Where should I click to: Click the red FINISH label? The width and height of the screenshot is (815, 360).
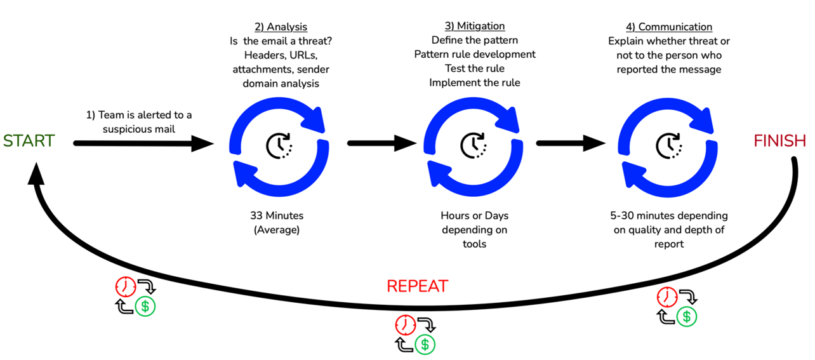coord(779,141)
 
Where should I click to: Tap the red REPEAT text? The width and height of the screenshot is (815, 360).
coord(417,286)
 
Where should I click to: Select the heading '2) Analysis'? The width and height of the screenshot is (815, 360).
coord(281,27)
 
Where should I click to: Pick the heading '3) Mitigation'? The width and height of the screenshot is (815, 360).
coord(475,27)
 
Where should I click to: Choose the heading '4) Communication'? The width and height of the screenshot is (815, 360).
coord(668,27)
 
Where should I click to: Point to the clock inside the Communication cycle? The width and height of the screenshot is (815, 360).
coord(668,145)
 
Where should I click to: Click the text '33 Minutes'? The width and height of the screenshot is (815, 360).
coord(276,216)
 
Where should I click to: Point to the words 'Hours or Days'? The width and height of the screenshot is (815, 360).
coord(475,216)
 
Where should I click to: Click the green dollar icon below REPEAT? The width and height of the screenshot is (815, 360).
coord(425,344)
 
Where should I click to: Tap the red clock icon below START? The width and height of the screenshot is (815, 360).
coord(125,288)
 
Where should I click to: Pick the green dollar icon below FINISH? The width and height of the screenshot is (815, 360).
coord(686,316)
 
